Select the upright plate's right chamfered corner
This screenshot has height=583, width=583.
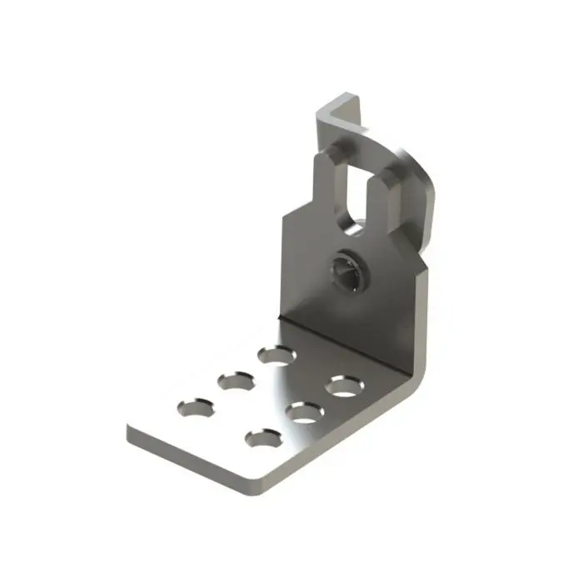(416, 254)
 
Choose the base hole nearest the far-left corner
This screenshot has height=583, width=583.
(194, 407)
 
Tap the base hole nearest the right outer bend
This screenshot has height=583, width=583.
(343, 386)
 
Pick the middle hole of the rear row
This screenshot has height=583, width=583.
(236, 381)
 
